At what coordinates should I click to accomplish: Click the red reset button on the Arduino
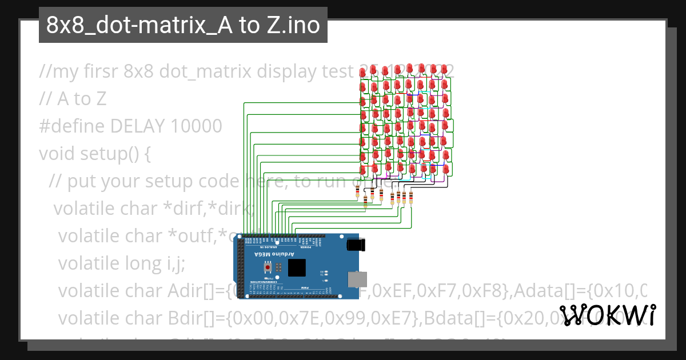click(x=268, y=267)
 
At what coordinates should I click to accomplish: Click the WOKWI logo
click(x=608, y=315)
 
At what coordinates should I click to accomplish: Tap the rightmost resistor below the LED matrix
click(x=410, y=198)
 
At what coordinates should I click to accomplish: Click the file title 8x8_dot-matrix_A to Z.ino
click(x=183, y=25)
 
